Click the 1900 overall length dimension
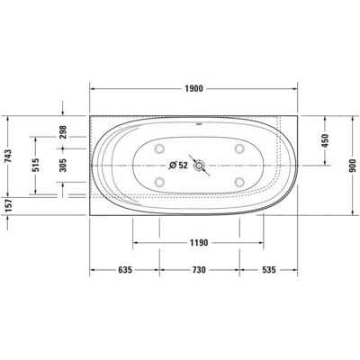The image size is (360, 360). [193, 88]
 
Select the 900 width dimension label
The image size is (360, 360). [352, 166]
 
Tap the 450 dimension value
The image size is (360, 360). [326, 140]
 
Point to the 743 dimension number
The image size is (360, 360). [8, 156]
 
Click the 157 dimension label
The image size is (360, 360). [8, 205]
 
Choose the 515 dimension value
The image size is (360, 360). [36, 165]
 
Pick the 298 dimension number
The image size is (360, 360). [63, 132]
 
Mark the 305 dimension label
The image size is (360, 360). [63, 165]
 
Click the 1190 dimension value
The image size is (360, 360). [198, 242]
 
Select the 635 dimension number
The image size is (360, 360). [125, 270]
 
